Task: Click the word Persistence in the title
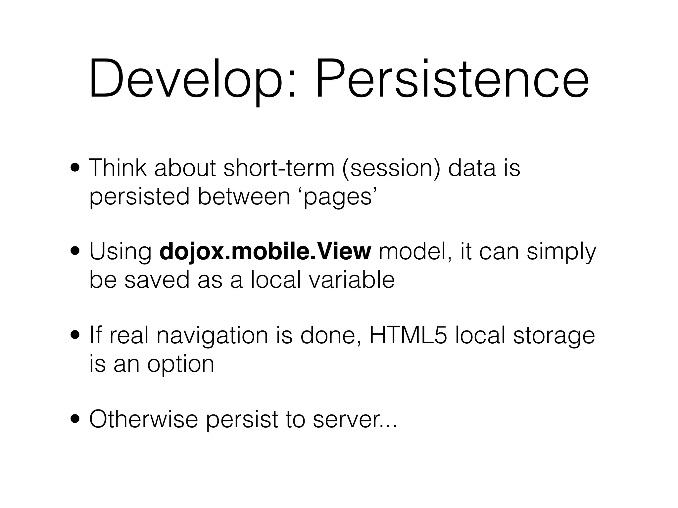click(x=452, y=79)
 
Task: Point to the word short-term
click(x=279, y=168)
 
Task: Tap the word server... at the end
click(x=355, y=420)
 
